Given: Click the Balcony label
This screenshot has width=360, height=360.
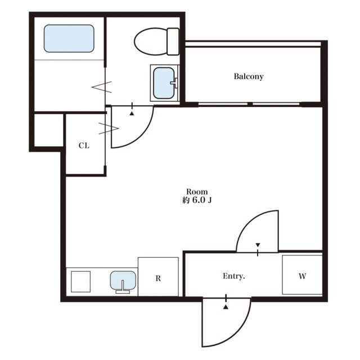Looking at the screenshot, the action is coord(249,76).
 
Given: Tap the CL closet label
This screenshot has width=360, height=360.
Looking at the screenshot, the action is coord(84,146).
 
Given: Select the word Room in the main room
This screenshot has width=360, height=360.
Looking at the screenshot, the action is coord(197,191).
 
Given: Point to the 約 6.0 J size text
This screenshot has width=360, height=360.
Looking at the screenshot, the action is coord(197,200).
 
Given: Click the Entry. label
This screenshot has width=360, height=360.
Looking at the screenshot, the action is coord(234,276).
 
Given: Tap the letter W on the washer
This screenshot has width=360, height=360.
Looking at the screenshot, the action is coord(303,276).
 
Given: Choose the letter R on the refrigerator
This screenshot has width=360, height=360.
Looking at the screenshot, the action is coord(158,278).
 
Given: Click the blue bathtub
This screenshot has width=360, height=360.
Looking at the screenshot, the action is coord(69,38).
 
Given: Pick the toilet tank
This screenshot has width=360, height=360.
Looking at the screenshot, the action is coord(173,42).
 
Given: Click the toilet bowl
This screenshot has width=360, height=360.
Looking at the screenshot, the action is coord(151,42).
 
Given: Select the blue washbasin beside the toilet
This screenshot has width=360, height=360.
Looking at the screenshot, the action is coord(164,83).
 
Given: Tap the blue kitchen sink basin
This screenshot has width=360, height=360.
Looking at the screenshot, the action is coord(123,280).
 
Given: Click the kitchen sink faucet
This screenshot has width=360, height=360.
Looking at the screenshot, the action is coord(123,287).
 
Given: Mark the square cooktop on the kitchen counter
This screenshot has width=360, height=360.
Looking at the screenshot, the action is coord(80,282).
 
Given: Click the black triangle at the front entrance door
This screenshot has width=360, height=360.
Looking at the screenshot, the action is coord(226,307).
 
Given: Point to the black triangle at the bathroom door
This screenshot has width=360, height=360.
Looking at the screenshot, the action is coord(132,114).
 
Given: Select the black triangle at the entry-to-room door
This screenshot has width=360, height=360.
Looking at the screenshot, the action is coord(258,245).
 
